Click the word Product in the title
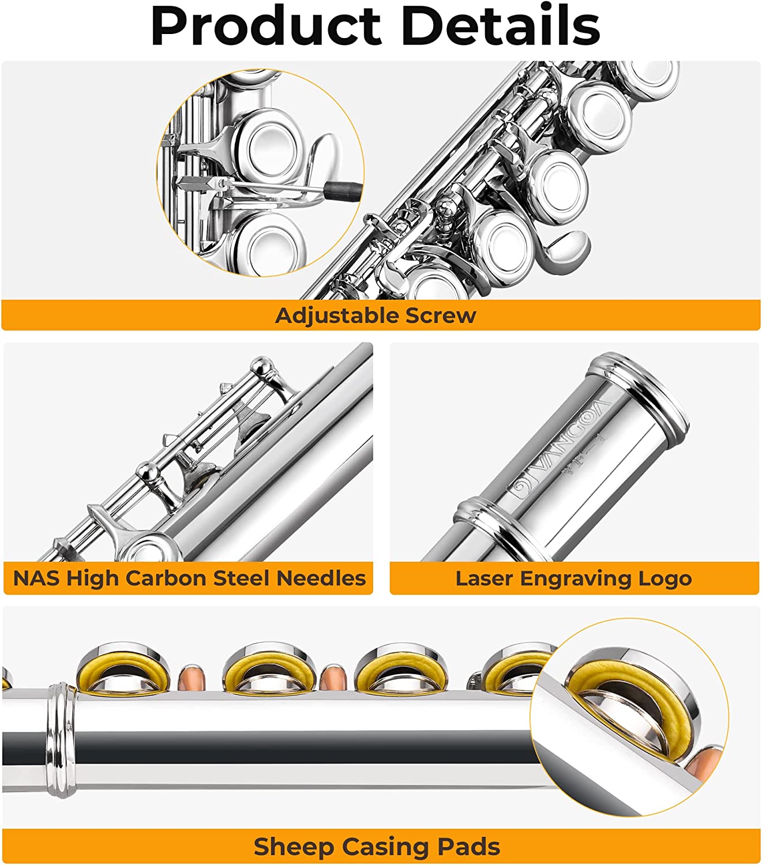pyautogui.click(x=266, y=26)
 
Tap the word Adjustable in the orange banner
pyautogui.click(x=336, y=315)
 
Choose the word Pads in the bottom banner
pyautogui.click(x=468, y=847)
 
